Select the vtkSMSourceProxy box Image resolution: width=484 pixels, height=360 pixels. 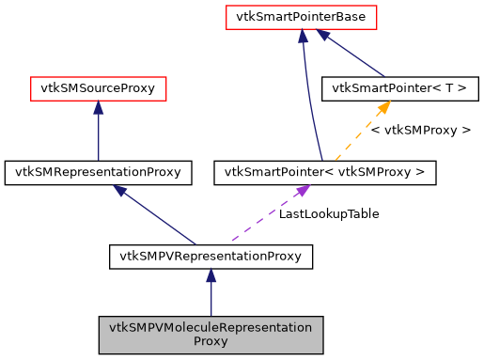click(98, 89)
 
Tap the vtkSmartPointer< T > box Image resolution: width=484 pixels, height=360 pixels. click(400, 89)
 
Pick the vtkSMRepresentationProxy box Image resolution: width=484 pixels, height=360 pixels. click(99, 172)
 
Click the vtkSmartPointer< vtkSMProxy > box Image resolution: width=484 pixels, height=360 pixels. click(325, 172)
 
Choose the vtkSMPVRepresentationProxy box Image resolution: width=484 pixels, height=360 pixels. click(211, 255)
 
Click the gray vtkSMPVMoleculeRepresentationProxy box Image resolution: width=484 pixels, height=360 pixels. click(211, 335)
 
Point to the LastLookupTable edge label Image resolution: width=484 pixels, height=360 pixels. click(329, 214)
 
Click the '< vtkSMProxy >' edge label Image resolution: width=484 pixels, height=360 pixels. click(420, 131)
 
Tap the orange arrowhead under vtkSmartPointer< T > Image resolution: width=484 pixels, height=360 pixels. click(383, 107)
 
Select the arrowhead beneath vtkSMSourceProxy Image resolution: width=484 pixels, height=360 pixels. click(98, 107)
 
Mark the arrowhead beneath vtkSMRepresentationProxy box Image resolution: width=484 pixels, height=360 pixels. click(120, 190)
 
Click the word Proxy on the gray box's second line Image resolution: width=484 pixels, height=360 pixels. click(211, 342)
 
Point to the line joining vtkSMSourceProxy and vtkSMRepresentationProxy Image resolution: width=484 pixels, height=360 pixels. click(98, 136)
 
